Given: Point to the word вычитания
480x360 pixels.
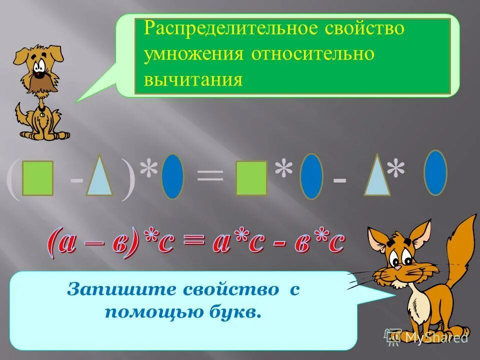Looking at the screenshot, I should click(x=193, y=79).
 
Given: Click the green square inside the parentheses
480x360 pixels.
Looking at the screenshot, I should click(x=37, y=177).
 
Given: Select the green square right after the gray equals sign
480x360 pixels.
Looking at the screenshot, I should click(x=251, y=177).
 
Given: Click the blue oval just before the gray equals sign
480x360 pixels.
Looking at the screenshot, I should click(x=173, y=176).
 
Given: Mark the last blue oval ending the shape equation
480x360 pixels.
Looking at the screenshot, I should click(x=435, y=172).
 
